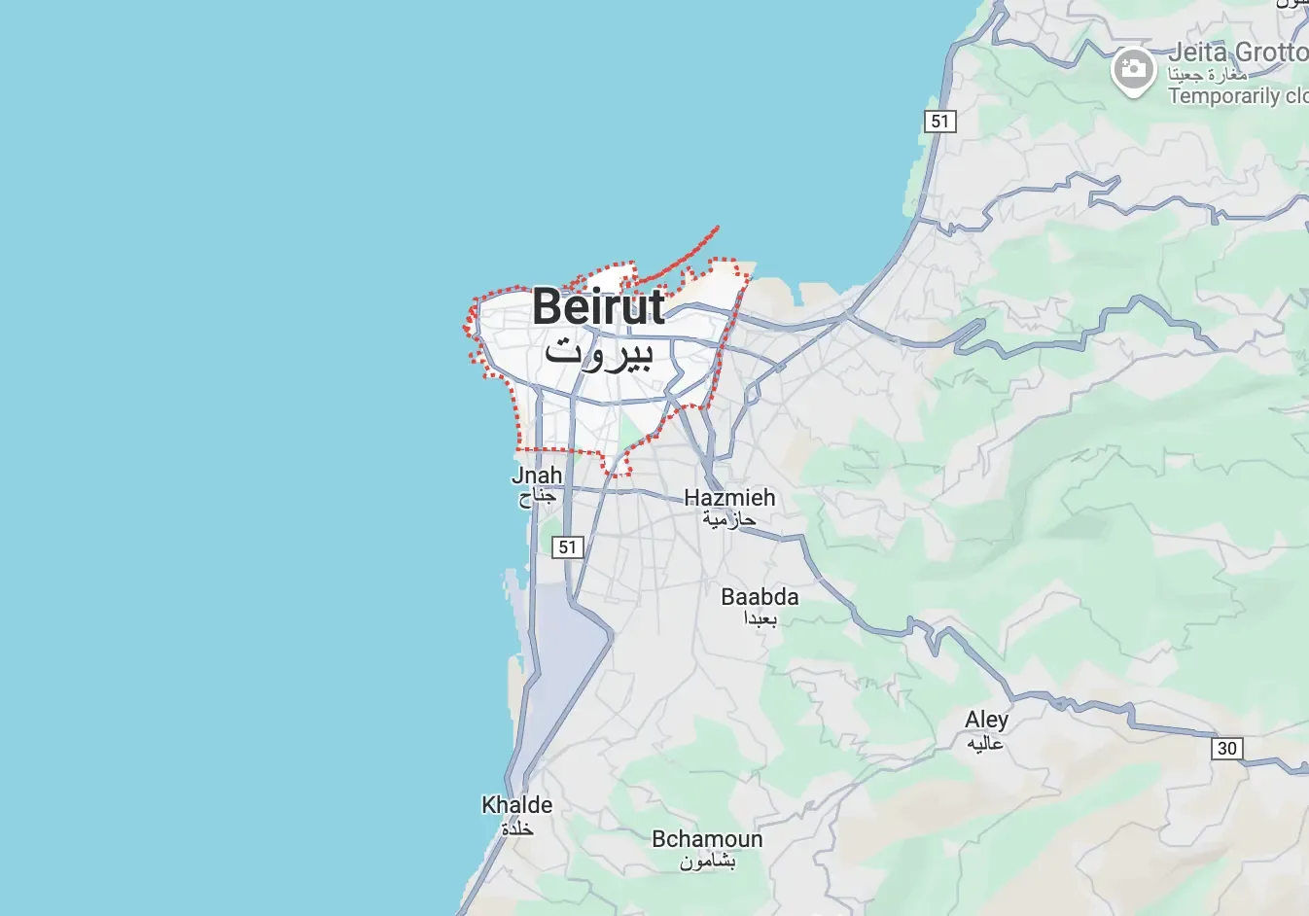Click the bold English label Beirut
coord(598,307)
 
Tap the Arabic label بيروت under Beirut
coord(598,352)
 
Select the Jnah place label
coord(537,476)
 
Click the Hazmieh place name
coord(729,498)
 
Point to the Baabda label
coord(760,597)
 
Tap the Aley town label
coord(986,720)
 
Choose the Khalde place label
coord(516,805)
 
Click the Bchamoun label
coord(707,839)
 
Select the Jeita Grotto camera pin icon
coord(1133,69)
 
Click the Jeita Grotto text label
coord(1237,52)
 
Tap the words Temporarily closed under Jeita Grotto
coord(1237,96)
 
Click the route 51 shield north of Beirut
coord(939,122)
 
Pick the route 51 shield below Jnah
coord(568,547)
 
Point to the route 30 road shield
coord(1227,749)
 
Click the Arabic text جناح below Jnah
coord(537,497)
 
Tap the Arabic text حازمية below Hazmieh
coord(729,520)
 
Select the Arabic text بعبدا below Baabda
coord(760,619)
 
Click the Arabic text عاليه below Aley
coord(985,744)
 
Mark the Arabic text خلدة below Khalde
coord(516,828)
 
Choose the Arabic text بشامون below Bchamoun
coord(707,862)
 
